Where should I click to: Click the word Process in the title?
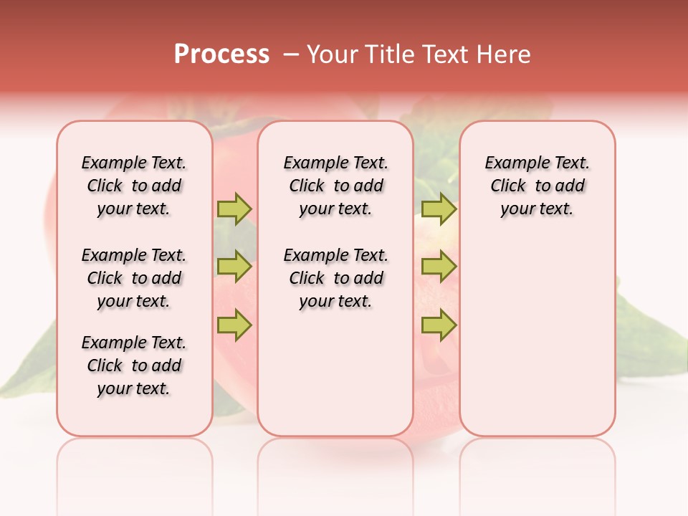tap(221, 54)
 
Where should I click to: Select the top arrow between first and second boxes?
tap(234, 209)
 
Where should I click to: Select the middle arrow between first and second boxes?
tap(234, 267)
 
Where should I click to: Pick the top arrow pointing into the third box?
tap(439, 209)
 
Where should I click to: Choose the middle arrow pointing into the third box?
tap(439, 267)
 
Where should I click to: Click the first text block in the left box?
tap(134, 186)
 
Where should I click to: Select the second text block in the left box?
tap(134, 278)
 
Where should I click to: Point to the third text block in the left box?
tap(134, 365)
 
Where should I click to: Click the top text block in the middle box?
tap(335, 186)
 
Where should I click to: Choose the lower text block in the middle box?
tap(335, 278)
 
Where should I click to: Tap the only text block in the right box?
tap(537, 186)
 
